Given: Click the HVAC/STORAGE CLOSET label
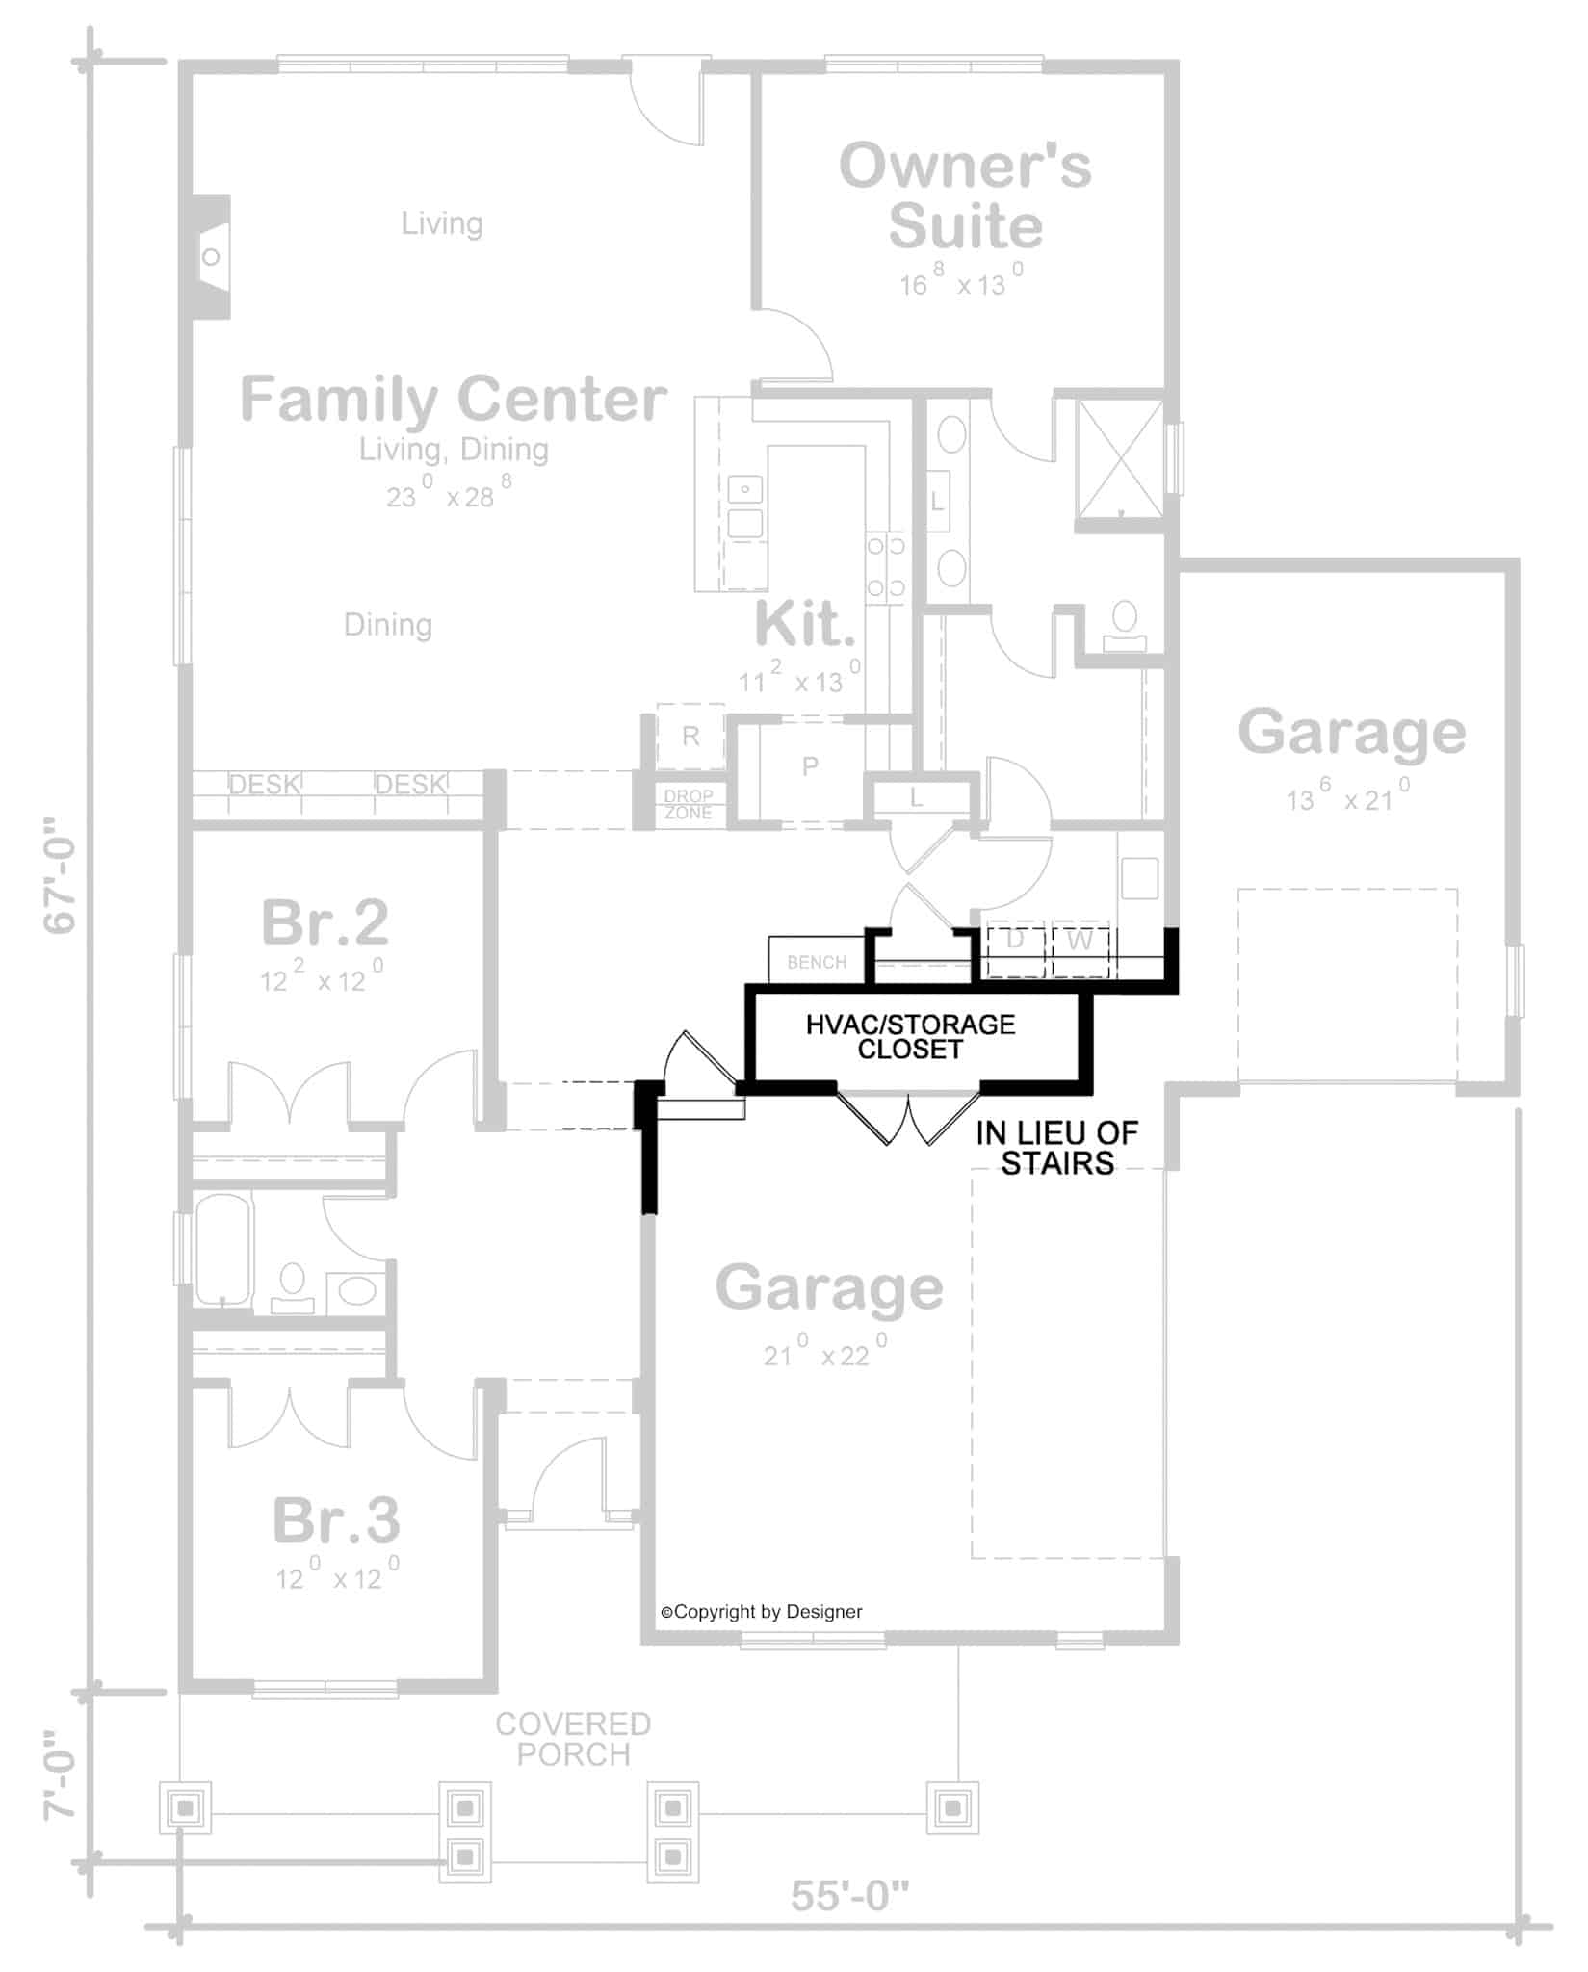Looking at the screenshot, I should (x=910, y=1036).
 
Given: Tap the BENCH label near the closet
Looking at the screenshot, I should (x=816, y=962).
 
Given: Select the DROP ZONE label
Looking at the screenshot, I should (x=689, y=804).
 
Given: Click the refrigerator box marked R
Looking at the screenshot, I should (x=690, y=737).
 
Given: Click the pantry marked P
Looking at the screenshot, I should (x=810, y=766).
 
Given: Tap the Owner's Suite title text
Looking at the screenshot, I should (x=965, y=195).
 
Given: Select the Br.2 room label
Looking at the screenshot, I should (x=325, y=922).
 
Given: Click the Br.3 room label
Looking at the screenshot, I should (x=335, y=1520).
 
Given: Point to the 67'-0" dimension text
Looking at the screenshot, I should (x=61, y=875).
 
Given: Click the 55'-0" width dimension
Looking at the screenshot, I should (x=849, y=1896).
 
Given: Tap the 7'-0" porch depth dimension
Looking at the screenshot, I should (x=61, y=1789).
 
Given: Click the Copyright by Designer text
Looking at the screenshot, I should (x=761, y=1612).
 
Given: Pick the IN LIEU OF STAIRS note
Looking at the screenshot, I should (x=1056, y=1148).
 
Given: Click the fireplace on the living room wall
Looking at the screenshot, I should (x=211, y=256).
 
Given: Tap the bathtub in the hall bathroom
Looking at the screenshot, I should (x=222, y=1249).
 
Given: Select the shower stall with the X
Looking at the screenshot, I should (x=1120, y=458).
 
